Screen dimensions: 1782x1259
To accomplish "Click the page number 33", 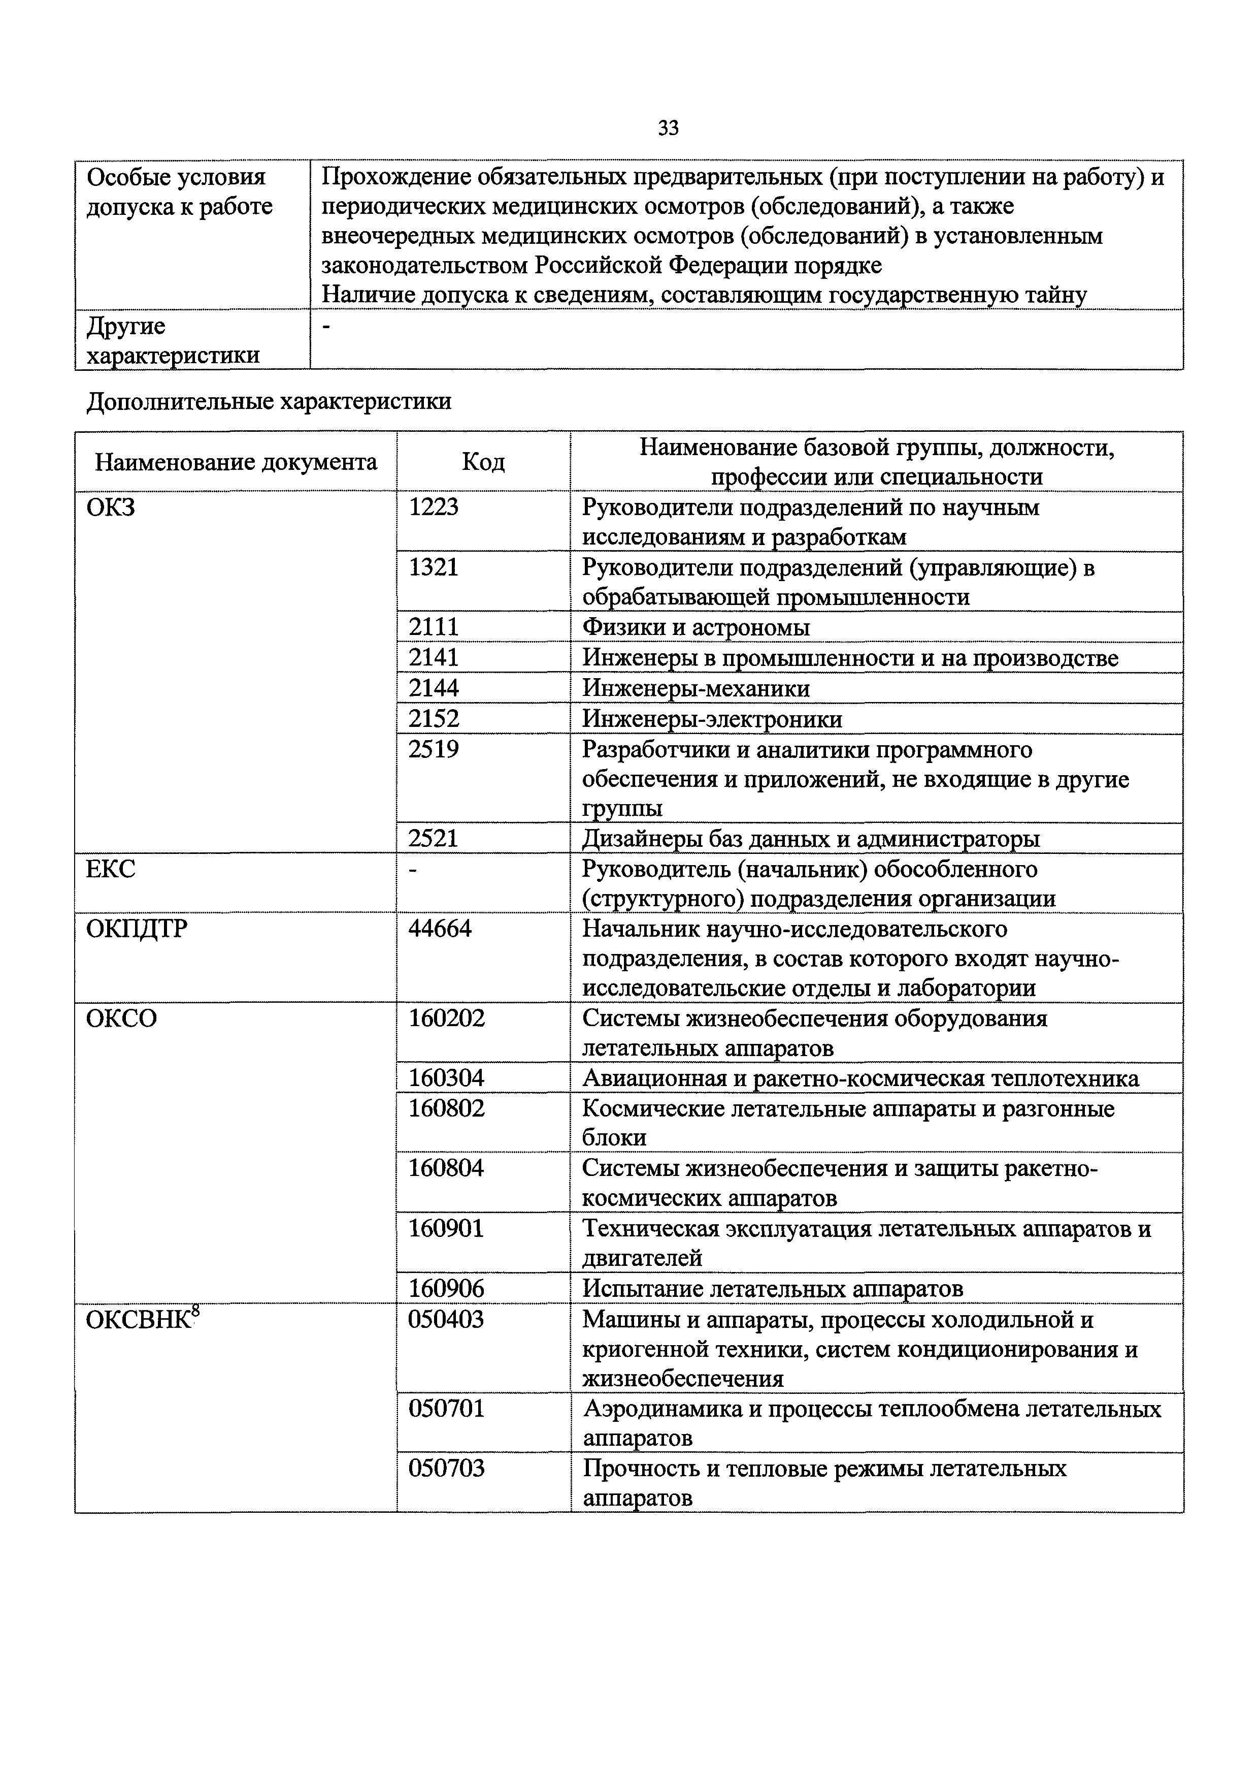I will pyautogui.click(x=668, y=128).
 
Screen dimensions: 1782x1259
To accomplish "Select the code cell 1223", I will pyautogui.click(x=434, y=507).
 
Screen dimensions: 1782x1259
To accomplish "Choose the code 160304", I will pyautogui.click(x=446, y=1077).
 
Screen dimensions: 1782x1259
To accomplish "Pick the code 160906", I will pyautogui.click(x=446, y=1288).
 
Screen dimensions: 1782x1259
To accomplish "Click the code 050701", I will pyautogui.click(x=446, y=1408).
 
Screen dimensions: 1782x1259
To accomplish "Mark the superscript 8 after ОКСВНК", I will pyautogui.click(x=195, y=1312).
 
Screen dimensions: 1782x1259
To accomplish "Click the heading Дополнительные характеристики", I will pyautogui.click(x=269, y=401).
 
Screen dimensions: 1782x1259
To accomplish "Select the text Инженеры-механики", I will pyautogui.click(x=696, y=688).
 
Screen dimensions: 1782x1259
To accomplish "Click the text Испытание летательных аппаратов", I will pyautogui.click(x=773, y=1288).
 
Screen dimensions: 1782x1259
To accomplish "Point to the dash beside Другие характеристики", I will pyautogui.click(x=326, y=328).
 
